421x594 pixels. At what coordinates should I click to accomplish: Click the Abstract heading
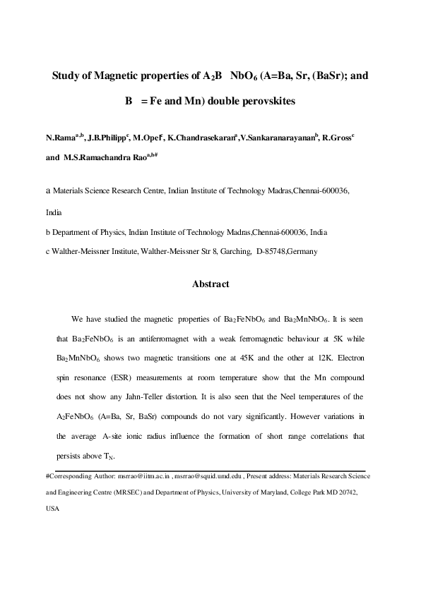[210, 284]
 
